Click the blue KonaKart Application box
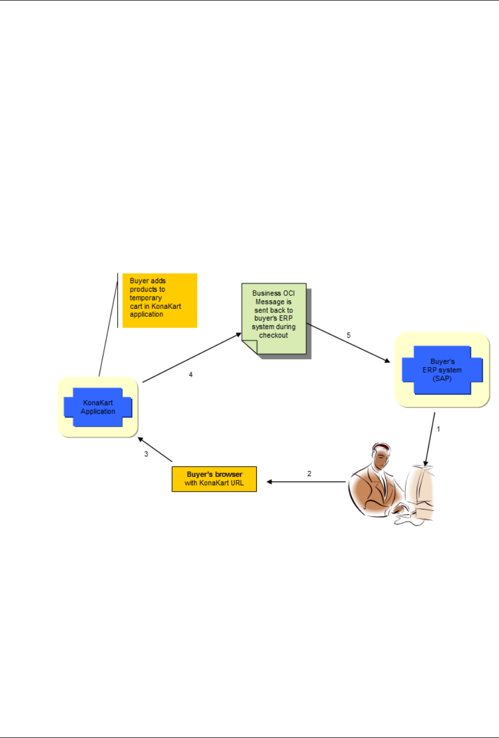(x=98, y=407)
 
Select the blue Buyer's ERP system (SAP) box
(x=442, y=370)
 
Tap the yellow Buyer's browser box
(x=214, y=479)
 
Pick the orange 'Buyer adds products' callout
(x=160, y=300)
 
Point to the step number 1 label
(x=439, y=429)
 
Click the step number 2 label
(x=309, y=474)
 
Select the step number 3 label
(x=146, y=454)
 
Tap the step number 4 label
(x=191, y=375)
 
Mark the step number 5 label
(x=349, y=335)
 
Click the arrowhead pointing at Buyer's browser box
(x=270, y=482)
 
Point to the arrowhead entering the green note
(x=238, y=335)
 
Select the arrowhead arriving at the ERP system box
(x=387, y=360)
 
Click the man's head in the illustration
(x=380, y=455)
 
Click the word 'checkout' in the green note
(x=273, y=335)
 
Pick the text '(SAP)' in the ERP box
(x=442, y=379)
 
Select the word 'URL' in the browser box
(x=237, y=483)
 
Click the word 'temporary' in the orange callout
(x=146, y=298)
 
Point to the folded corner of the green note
(x=249, y=347)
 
